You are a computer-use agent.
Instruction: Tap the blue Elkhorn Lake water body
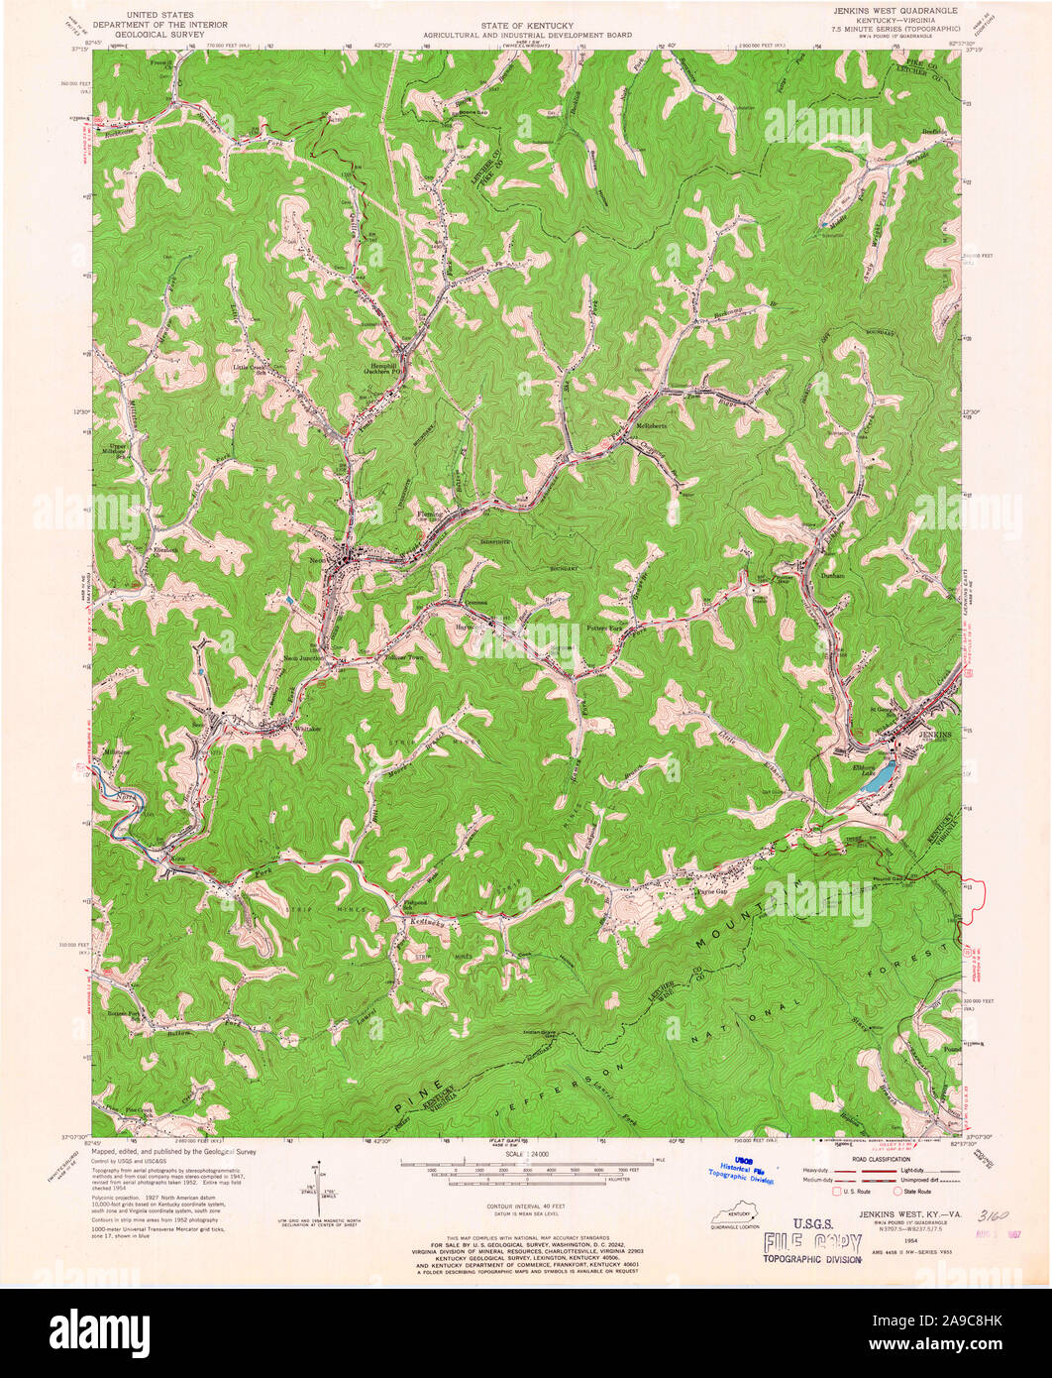pos(877,780)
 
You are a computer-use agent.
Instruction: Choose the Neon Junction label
pos(302,658)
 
